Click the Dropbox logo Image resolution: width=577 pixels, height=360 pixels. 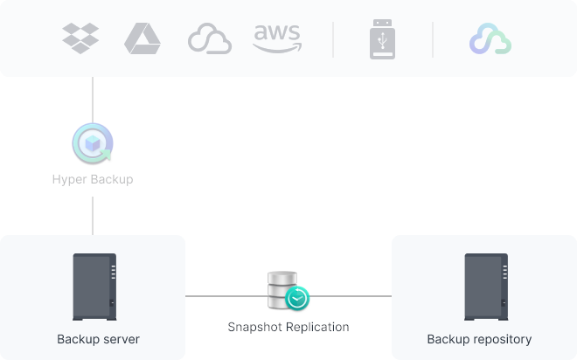[80, 38]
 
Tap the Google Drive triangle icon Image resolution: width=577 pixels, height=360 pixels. [143, 38]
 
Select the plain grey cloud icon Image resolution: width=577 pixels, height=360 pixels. [210, 38]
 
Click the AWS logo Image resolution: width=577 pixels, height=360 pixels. [277, 38]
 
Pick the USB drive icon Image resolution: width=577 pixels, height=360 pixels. [382, 39]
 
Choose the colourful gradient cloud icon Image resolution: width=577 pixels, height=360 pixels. [490, 38]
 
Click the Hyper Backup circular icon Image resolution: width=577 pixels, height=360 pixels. [93, 143]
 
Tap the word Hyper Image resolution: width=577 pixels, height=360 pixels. [70, 179]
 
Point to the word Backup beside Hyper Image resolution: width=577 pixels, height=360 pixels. [112, 179]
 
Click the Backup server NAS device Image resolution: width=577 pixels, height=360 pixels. [94, 287]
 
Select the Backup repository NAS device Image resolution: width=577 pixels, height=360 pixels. [486, 287]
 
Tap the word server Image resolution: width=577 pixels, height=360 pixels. [121, 339]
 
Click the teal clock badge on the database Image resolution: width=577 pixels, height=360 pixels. [297, 298]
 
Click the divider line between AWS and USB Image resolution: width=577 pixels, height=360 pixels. [333, 39]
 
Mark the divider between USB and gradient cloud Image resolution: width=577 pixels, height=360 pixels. [433, 39]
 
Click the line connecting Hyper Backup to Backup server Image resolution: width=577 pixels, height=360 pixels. [93, 216]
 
